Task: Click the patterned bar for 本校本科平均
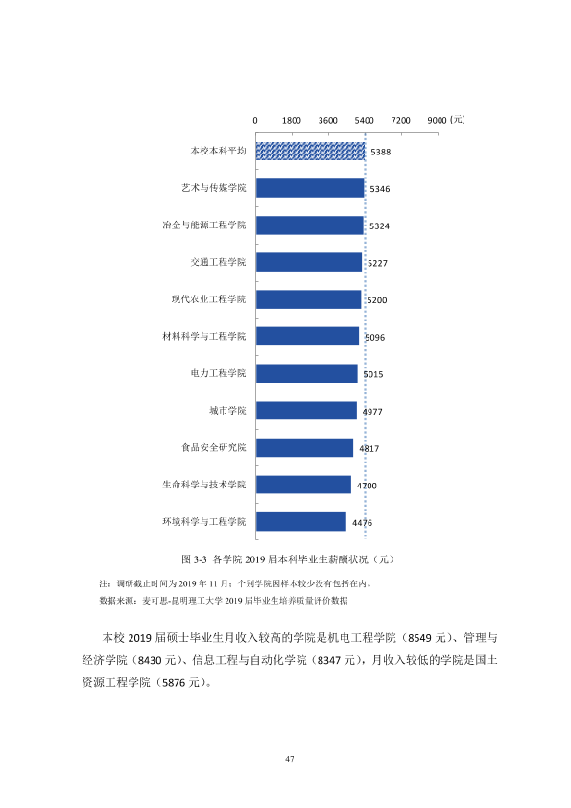310,151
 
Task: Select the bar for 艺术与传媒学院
310,188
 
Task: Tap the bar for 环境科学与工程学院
301,521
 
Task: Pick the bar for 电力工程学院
307,373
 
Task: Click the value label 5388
381,152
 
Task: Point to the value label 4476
363,523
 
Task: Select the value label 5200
377,300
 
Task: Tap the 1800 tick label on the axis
291,121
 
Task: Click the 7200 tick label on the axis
400,121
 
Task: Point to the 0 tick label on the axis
255,121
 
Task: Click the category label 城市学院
227,410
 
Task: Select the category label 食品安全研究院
214,447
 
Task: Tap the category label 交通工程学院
219,262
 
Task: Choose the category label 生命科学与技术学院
204,485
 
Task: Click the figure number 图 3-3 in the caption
194,559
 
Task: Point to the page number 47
290,758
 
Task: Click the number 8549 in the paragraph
419,638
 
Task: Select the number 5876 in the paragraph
174,683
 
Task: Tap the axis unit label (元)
458,120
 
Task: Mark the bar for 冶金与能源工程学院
310,226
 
